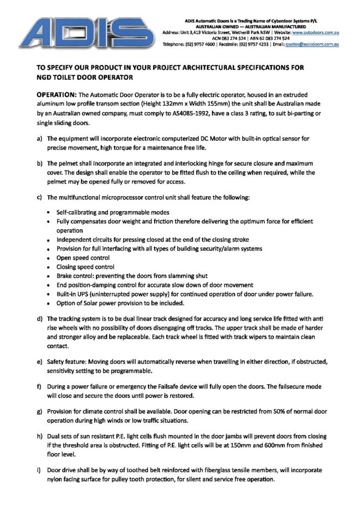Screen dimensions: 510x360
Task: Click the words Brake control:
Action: [x=76, y=276]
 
